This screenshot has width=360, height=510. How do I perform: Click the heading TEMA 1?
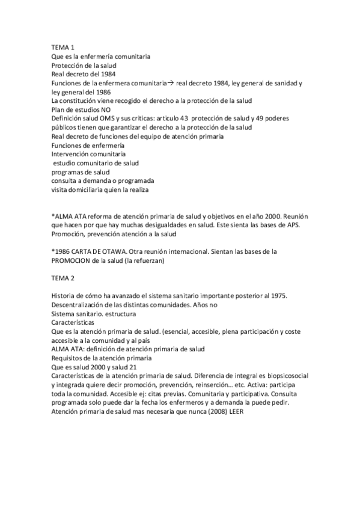[x=63, y=48]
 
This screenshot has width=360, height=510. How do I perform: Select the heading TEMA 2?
[x=63, y=278]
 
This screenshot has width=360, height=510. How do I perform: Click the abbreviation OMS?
[x=109, y=118]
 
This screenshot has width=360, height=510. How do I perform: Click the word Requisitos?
[x=69, y=358]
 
